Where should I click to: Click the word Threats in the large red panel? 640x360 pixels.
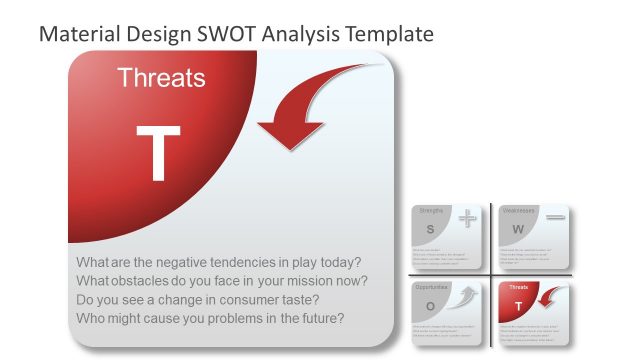pos(161,78)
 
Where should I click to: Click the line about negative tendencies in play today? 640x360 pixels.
pos(219,262)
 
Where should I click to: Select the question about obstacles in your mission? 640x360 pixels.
pos(222,281)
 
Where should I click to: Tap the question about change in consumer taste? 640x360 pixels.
pos(198,300)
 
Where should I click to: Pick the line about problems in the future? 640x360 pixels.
pos(211,319)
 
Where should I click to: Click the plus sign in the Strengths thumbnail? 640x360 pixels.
pos(468,218)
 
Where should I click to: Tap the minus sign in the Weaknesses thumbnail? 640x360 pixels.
pos(556,217)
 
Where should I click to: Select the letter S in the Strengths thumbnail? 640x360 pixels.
pos(431,229)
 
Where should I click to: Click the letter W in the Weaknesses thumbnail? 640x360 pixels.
pos(518,229)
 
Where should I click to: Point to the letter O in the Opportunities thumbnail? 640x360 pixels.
pos(431,305)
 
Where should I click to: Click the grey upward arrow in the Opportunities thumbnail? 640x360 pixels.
pos(464,297)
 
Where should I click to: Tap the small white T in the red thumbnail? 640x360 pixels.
pos(518,305)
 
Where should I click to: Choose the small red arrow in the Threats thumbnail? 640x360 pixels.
pos(553,297)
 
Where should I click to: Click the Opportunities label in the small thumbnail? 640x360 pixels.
pos(432,287)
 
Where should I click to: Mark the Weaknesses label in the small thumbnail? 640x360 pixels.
pos(520,211)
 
